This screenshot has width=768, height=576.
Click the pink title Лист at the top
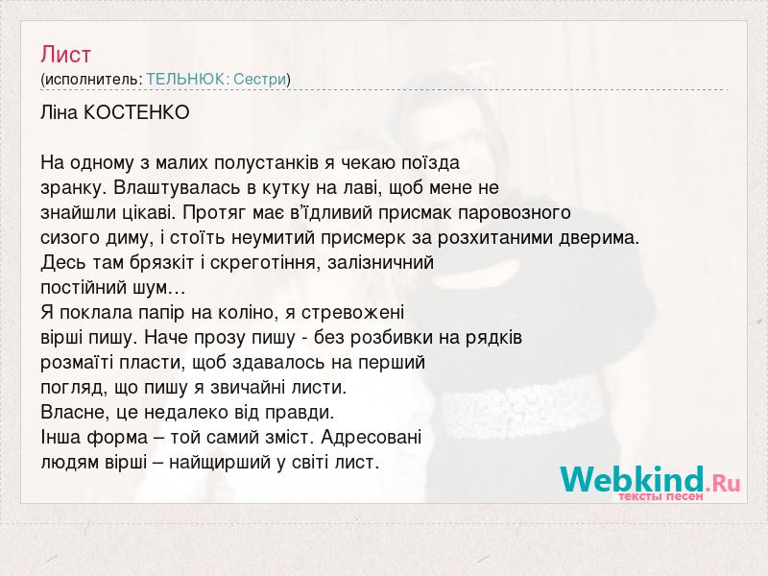pos(65,55)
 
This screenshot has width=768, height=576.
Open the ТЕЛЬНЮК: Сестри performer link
pos(216,80)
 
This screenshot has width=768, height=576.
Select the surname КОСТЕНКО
pos(136,113)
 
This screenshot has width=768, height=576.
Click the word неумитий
pos(273,238)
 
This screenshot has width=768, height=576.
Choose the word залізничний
pos(380,263)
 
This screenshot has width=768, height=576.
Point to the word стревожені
pos(352,314)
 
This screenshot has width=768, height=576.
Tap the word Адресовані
pos(372,438)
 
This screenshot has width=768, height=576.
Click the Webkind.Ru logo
pos(651,482)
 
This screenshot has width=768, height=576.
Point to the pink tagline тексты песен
pos(660,496)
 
